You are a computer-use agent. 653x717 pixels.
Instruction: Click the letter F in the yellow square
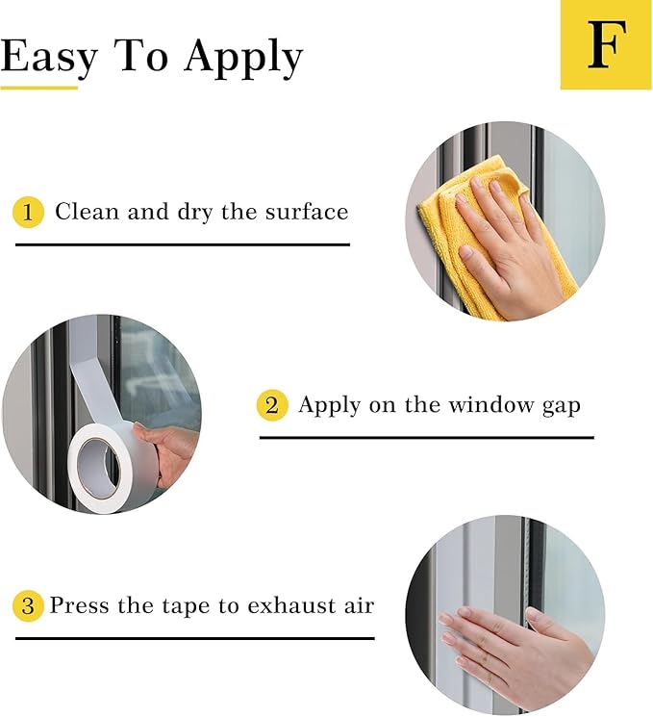click(607, 45)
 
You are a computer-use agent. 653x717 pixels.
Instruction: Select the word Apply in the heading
click(243, 59)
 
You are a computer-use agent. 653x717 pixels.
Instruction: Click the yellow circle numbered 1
click(28, 212)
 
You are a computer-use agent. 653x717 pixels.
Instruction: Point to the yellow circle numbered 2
click(272, 405)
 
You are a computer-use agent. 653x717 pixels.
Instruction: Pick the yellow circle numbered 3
click(28, 606)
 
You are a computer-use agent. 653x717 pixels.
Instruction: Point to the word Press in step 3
click(79, 605)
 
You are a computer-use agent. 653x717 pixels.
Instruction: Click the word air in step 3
click(359, 605)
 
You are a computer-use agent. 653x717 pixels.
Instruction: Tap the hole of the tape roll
click(99, 469)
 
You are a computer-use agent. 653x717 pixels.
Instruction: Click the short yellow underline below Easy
click(38, 88)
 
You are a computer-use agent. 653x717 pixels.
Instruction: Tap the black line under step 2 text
click(427, 438)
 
